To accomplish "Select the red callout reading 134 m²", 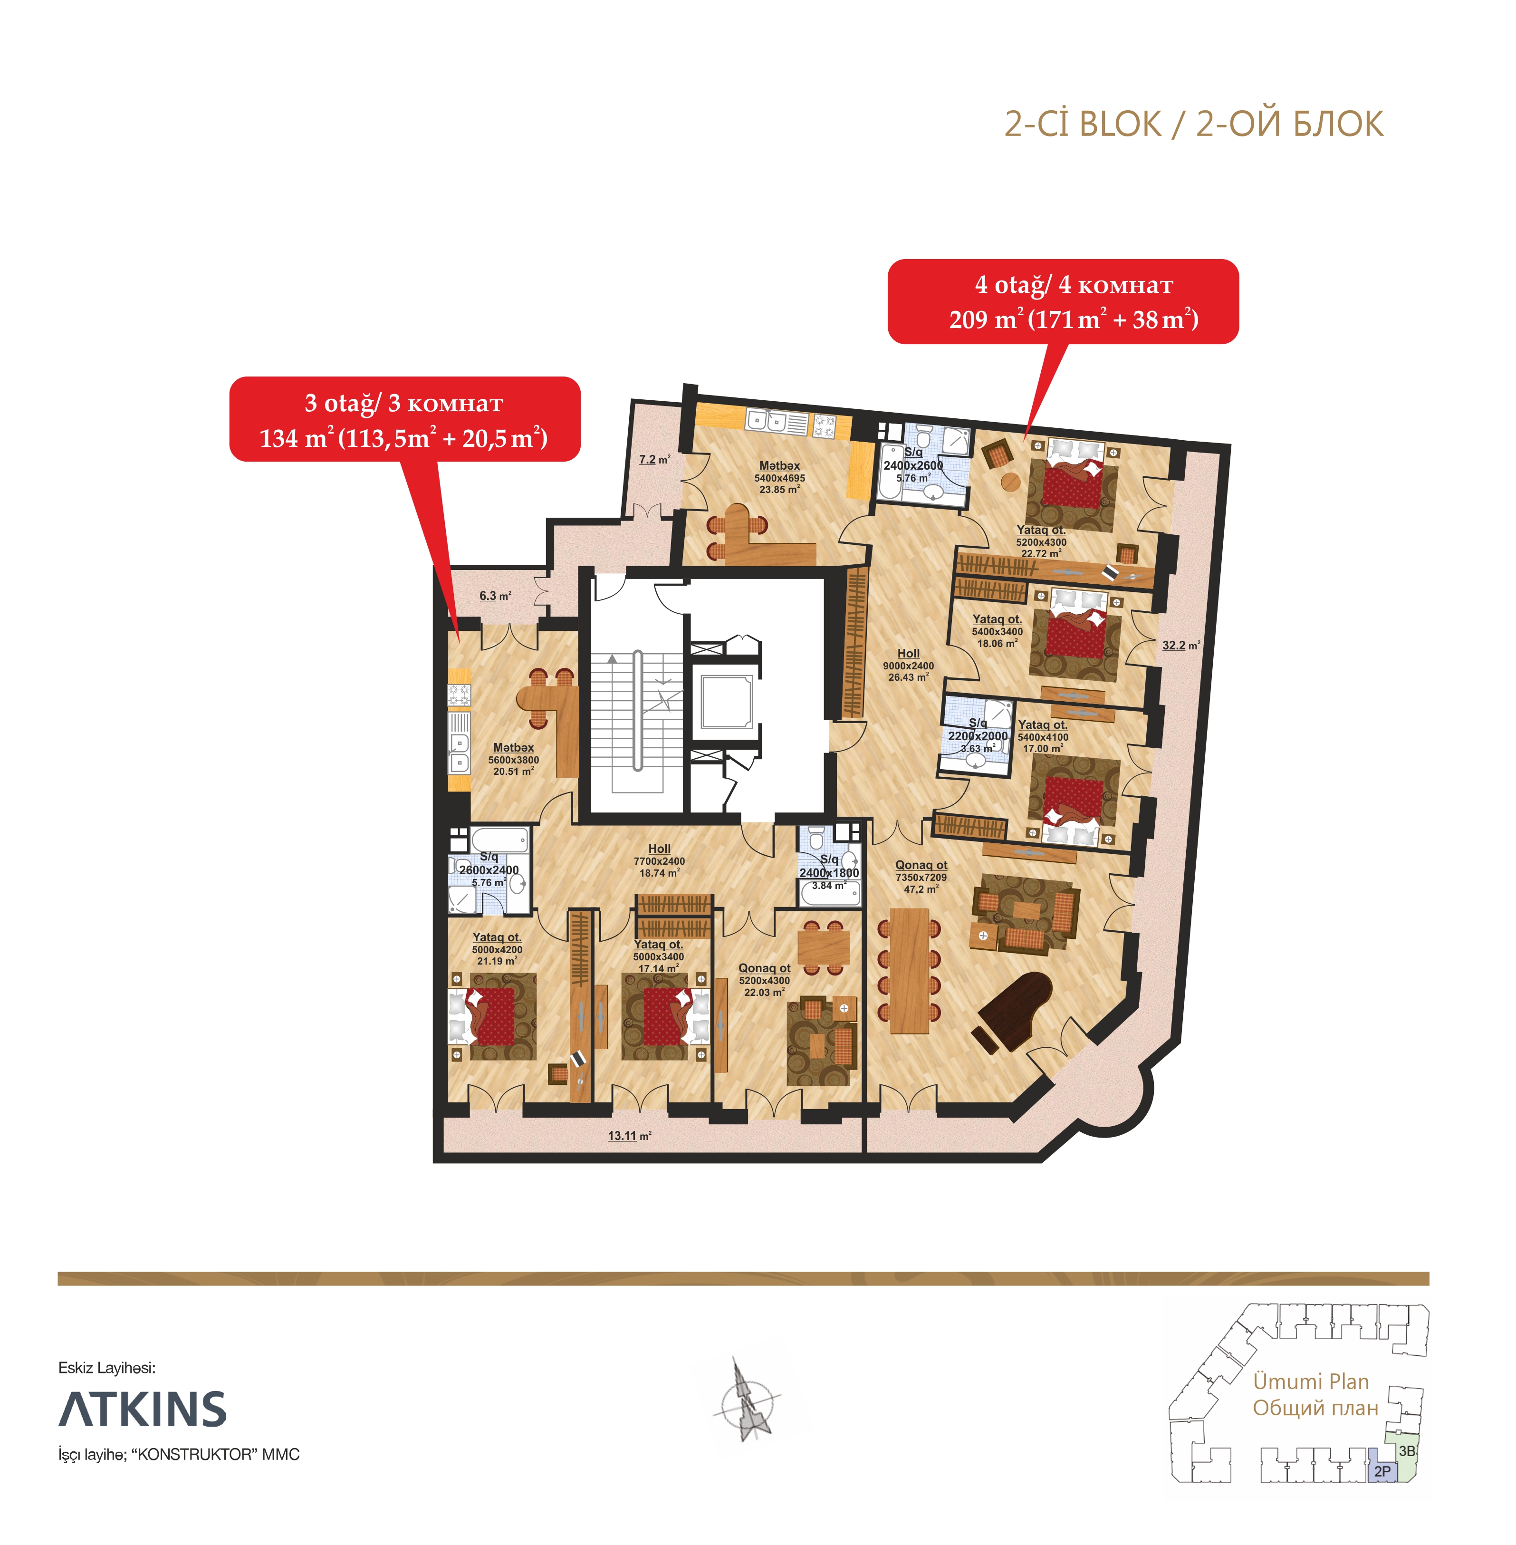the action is (404, 420).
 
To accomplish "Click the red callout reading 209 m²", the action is (1063, 302).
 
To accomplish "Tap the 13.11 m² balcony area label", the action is (630, 1136).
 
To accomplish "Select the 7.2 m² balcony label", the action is (654, 460).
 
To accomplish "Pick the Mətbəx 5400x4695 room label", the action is (779, 477).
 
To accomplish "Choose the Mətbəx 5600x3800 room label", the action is (514, 759).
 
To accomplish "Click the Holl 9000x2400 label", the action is (909, 665).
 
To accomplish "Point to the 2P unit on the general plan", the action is (1382, 1471).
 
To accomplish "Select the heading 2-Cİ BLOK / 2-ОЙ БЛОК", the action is (1193, 124).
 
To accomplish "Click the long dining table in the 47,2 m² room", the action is (909, 970).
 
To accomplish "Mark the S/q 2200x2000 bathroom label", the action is (978, 736).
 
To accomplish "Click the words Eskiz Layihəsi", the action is (107, 1367).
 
